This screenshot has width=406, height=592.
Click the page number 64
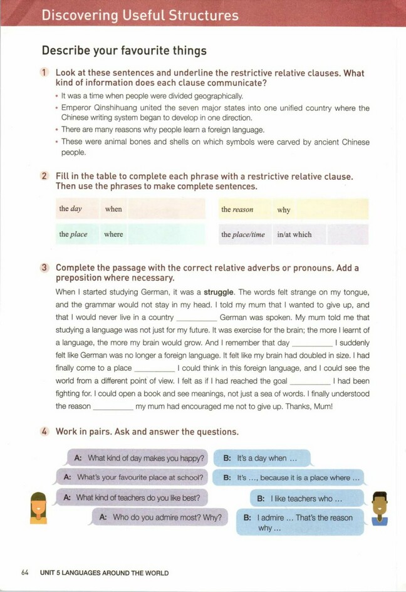coord(25,573)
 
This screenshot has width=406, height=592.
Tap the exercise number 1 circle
coord(45,73)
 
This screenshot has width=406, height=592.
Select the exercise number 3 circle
coord(45,268)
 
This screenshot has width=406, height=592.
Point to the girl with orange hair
coord(38,507)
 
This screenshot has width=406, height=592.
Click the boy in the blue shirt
coord(380,508)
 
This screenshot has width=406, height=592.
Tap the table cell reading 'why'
coord(284,210)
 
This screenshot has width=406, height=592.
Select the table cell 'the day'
coord(71,209)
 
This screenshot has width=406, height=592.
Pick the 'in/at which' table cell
coord(294,234)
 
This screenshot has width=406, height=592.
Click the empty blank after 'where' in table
coord(166,234)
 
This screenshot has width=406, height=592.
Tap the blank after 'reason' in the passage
coord(113,407)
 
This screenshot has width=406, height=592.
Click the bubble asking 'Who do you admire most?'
coord(160,517)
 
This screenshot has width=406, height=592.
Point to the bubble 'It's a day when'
coord(262,458)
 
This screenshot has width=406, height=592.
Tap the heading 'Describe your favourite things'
coord(124,50)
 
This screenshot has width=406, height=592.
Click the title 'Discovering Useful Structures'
coord(140,16)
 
